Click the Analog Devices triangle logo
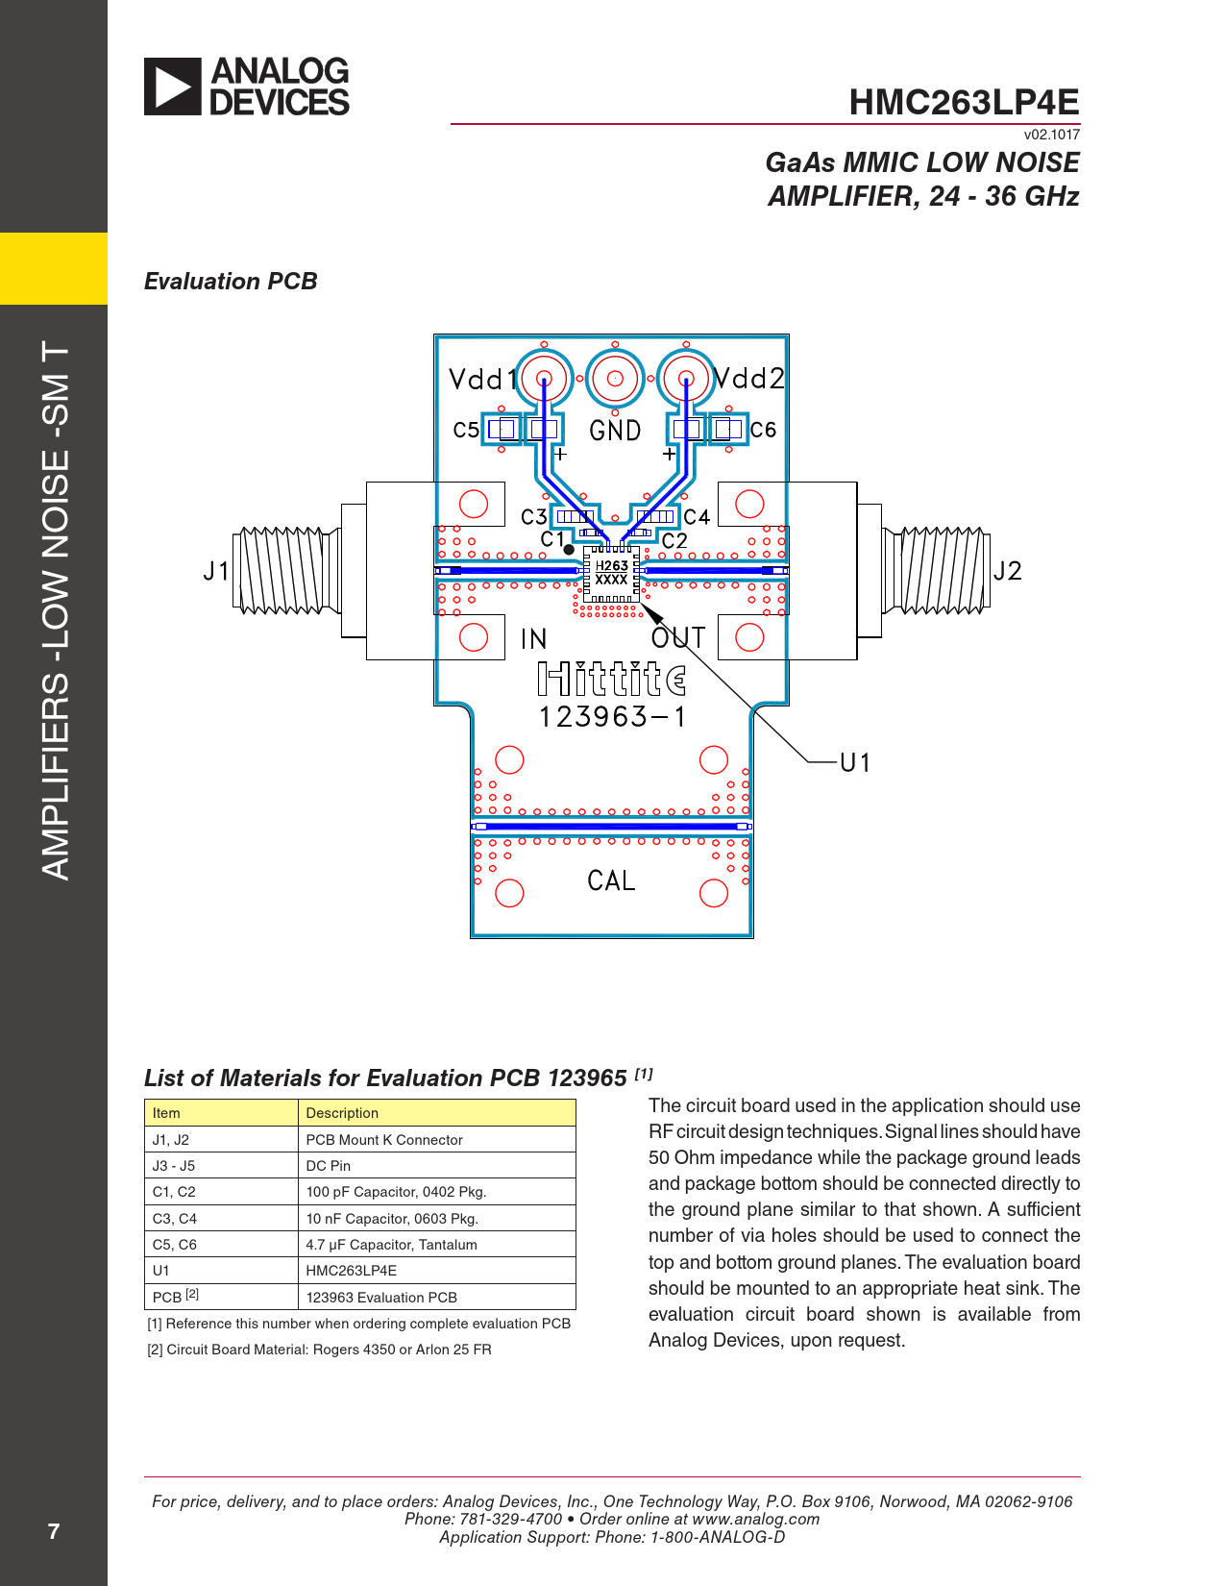pyautogui.click(x=172, y=87)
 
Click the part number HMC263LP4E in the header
pyautogui.click(x=964, y=102)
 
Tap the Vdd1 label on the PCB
pyautogui.click(x=482, y=380)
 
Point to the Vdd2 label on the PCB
pyautogui.click(x=748, y=378)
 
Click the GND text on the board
pyautogui.click(x=615, y=431)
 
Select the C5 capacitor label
pyautogui.click(x=466, y=430)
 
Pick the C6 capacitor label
pyautogui.click(x=763, y=430)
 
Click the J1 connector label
pyautogui.click(x=216, y=571)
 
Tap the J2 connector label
pyautogui.click(x=1008, y=571)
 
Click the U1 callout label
pyautogui.click(x=855, y=762)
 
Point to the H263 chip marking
pyautogui.click(x=611, y=565)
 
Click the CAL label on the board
pyautogui.click(x=611, y=880)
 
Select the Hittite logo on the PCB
pyautogui.click(x=612, y=679)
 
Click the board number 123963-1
pyautogui.click(x=612, y=717)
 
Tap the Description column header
pyautogui.click(x=342, y=1113)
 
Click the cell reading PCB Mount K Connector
pyautogui.click(x=384, y=1140)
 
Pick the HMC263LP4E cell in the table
pyautogui.click(x=352, y=1271)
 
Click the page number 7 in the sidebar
pyautogui.click(x=53, y=1531)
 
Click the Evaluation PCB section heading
pyautogui.click(x=231, y=281)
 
